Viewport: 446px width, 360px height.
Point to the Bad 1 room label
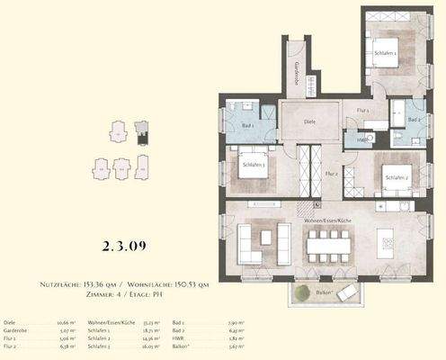[x=249, y=126]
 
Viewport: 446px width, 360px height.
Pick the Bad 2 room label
[x=413, y=120]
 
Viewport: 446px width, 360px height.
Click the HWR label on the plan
[x=361, y=139]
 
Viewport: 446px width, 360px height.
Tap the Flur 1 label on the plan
[x=362, y=110]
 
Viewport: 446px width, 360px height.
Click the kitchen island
[x=389, y=243]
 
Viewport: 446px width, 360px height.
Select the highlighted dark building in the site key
[x=139, y=135]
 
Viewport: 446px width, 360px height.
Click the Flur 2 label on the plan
[x=331, y=172]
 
